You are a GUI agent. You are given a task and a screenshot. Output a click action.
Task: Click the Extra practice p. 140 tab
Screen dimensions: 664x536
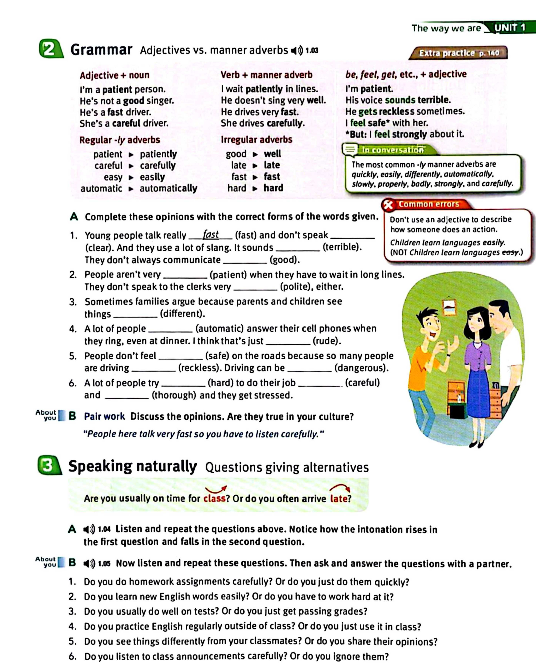(x=458, y=53)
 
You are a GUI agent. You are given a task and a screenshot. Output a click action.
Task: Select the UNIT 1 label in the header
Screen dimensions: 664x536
(x=510, y=28)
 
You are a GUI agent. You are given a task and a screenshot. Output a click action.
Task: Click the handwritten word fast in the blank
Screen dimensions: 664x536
(x=211, y=235)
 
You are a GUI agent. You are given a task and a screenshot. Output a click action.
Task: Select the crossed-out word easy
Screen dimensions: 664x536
(x=510, y=253)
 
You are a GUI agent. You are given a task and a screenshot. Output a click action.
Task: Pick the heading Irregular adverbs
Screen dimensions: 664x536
(x=256, y=140)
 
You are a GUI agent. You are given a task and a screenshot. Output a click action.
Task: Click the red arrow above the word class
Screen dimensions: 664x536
(x=216, y=489)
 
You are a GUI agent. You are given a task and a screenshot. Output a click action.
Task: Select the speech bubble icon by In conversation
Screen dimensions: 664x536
(x=350, y=150)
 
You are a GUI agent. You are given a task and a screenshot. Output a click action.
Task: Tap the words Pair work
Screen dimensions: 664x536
(x=104, y=416)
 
